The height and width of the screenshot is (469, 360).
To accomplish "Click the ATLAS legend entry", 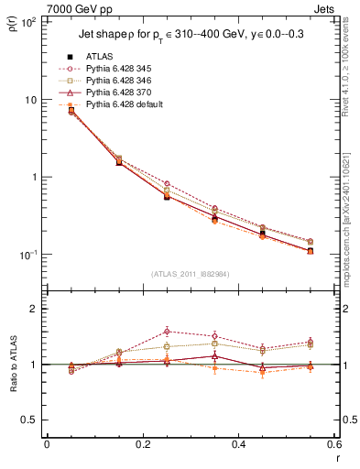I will point(101,56).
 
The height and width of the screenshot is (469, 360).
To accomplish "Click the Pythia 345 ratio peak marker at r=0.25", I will point(167,331).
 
